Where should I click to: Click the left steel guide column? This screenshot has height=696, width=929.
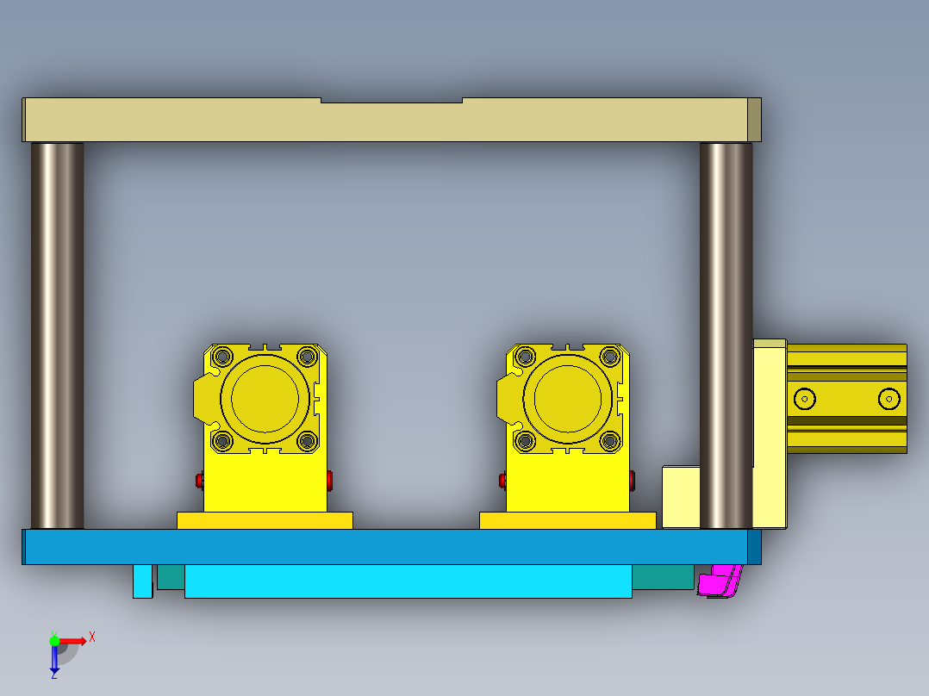coord(58,336)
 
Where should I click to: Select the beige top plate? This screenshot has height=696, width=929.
coord(388,121)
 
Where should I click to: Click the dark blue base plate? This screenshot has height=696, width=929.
coord(388,547)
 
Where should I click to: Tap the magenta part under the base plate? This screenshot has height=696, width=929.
coord(719,583)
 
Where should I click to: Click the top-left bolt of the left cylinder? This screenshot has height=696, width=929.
coord(222,356)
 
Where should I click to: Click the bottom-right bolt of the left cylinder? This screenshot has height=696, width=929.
coord(308,441)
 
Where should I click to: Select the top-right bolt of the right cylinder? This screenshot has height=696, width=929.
coord(610,356)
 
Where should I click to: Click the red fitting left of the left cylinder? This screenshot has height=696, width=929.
coord(200,480)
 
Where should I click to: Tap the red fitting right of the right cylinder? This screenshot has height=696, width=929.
coord(633,479)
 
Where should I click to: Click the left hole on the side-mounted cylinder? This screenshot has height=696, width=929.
coord(805,398)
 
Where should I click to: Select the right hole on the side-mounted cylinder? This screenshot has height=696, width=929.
coord(888,398)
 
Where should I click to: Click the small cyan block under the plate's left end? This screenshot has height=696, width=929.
coord(142,581)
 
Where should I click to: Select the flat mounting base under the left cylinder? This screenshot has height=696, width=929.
coord(265,520)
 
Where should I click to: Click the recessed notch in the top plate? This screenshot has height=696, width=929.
coord(392,101)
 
